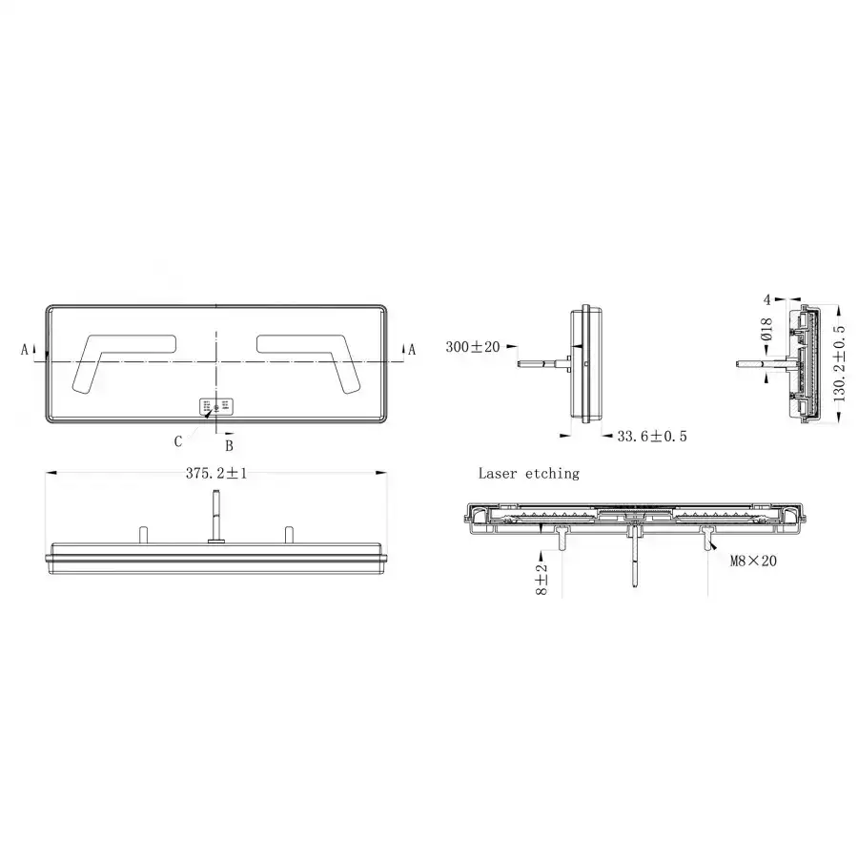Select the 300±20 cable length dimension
click(472, 347)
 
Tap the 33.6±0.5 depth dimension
click(652, 436)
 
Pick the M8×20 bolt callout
click(753, 562)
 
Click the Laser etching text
click(528, 473)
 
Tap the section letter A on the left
click(25, 350)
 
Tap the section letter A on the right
click(412, 350)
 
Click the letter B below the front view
click(228, 444)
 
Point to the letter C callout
click(178, 440)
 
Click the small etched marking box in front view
click(216, 406)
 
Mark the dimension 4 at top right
click(766, 298)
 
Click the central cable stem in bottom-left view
click(216, 515)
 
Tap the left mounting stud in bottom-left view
click(143, 535)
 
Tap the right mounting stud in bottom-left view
click(286, 535)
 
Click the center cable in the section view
click(635, 562)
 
